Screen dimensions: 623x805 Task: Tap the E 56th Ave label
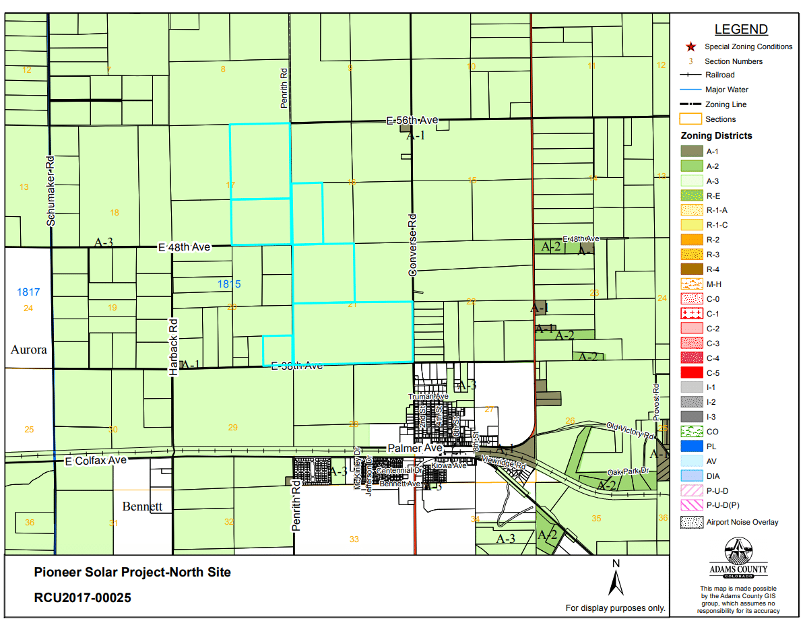412,121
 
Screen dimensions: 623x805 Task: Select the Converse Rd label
413,245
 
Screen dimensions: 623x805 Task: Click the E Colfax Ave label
96,461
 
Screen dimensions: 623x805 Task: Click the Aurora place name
29,350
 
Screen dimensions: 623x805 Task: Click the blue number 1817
28,292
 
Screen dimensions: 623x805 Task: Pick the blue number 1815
229,284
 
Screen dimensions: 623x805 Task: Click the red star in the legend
690,46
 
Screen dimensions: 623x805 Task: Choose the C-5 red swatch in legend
690,372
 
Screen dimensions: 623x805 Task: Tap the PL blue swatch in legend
690,447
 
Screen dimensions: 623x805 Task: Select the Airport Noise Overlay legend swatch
690,522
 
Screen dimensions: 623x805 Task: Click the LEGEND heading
740,30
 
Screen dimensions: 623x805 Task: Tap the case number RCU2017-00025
83,597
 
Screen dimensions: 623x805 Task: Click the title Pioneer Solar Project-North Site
132,572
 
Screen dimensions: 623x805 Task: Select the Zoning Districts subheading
716,135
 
